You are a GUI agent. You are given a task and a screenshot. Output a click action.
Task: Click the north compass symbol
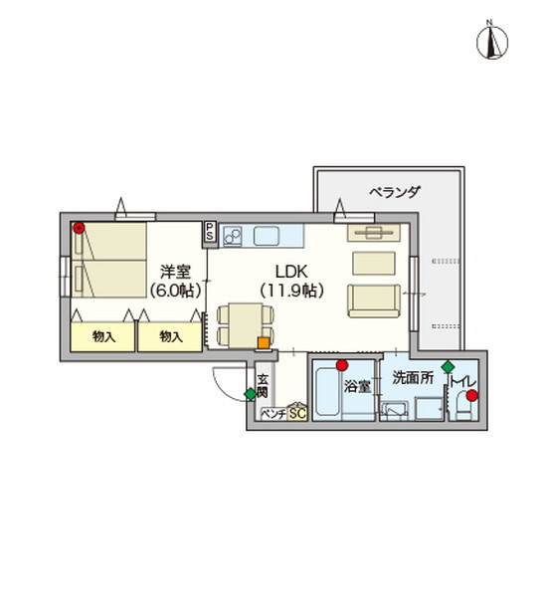pos(491,41)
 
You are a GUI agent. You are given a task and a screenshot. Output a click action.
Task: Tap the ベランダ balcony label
pos(395,192)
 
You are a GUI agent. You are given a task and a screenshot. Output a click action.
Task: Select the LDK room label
pos(291,272)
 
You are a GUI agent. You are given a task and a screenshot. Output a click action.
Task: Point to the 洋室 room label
pos(175,272)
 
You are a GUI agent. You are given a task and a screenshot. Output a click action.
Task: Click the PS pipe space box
pos(209,232)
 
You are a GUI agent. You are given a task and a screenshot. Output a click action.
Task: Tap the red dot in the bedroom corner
pos(79,228)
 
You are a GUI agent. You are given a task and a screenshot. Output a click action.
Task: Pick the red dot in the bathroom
pos(342,365)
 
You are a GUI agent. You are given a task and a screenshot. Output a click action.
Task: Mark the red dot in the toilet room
pos(472,396)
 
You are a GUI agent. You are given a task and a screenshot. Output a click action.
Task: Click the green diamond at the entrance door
pos(251,394)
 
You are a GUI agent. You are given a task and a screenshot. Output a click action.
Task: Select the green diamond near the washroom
pos(448,366)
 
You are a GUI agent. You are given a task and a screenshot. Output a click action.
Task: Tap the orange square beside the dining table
pos(264,343)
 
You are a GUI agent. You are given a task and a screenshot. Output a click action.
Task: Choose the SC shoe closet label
pos(297,414)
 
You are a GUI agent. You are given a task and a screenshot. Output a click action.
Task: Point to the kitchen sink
pos(267,236)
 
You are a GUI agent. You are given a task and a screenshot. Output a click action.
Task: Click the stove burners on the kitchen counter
pos(233,237)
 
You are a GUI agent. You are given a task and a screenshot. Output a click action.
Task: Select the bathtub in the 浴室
pos(326,390)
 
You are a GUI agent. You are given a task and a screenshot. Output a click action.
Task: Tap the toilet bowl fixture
pos(462,405)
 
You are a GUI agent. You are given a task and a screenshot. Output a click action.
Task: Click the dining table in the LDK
pos(246,325)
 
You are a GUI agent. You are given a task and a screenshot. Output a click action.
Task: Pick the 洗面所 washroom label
pos(413,378)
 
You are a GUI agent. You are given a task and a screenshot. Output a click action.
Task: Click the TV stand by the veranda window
pos(374,233)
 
